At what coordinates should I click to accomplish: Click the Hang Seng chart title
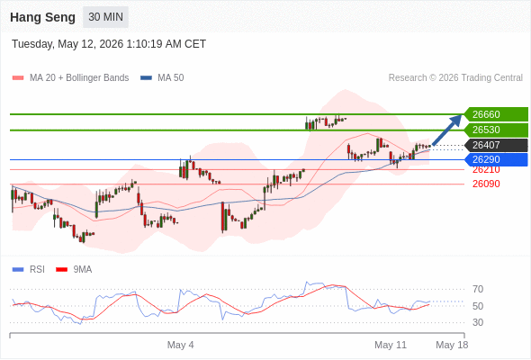click(42, 17)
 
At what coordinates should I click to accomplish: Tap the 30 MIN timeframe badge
click(105, 17)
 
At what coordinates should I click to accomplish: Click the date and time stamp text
click(109, 44)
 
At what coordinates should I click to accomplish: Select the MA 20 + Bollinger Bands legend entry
click(70, 78)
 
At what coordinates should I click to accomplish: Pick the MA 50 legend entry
click(162, 78)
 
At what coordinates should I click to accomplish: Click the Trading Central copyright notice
click(455, 78)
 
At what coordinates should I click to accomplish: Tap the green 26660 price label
click(496, 114)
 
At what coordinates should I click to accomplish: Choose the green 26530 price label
click(496, 130)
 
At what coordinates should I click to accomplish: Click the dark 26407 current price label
click(496, 145)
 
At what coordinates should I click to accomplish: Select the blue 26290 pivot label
click(496, 159)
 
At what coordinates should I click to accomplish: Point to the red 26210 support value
click(486, 170)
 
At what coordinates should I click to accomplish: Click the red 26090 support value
click(486, 184)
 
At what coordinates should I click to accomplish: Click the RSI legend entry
click(29, 270)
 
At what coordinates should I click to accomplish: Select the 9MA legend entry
click(74, 270)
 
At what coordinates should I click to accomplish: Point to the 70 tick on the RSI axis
click(478, 289)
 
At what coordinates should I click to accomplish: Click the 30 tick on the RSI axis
click(478, 322)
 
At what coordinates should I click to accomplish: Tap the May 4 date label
click(181, 345)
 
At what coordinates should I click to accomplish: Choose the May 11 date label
click(391, 345)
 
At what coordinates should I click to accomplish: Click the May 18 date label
click(452, 345)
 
